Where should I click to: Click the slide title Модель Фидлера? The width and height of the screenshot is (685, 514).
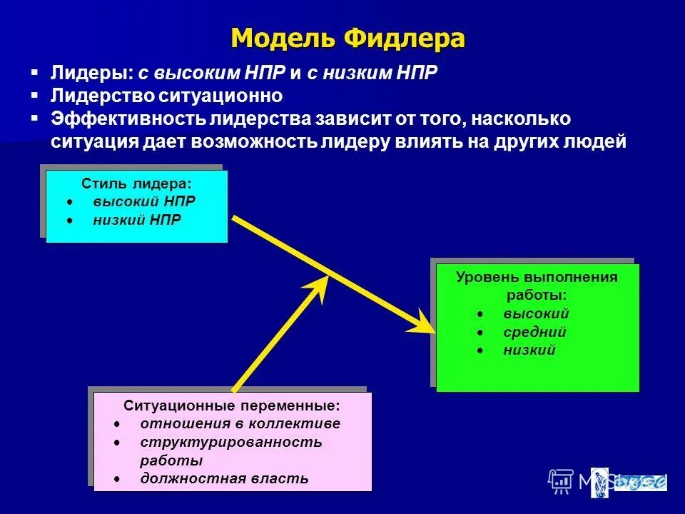(347, 38)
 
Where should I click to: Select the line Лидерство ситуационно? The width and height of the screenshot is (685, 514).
(167, 95)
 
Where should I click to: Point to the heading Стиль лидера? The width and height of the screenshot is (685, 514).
(136, 184)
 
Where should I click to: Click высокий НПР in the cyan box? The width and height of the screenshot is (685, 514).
(143, 201)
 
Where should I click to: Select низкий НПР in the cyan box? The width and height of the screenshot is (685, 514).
(136, 220)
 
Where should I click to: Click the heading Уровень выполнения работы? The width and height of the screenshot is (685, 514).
(537, 286)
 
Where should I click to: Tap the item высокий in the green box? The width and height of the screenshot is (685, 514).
(536, 313)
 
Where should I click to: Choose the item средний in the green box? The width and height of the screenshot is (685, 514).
(534, 332)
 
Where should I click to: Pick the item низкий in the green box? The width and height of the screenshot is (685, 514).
(529, 351)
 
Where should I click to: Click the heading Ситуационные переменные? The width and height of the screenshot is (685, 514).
(233, 405)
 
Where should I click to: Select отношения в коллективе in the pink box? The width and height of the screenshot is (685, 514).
(240, 423)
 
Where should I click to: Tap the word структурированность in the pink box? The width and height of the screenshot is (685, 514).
(230, 442)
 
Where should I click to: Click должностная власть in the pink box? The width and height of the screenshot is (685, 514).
(224, 478)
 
